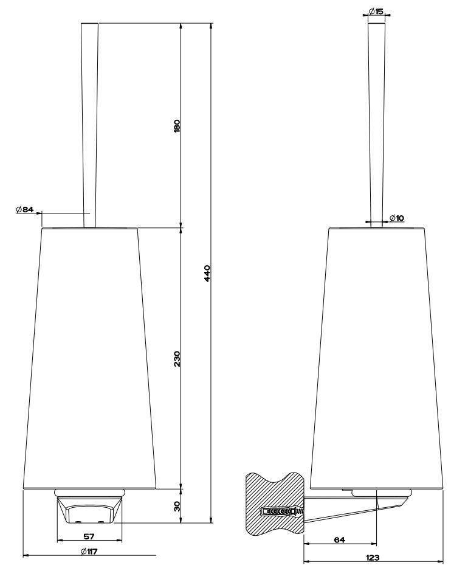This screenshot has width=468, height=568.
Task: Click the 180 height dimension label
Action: (177, 126)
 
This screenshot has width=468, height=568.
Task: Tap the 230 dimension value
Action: (177, 358)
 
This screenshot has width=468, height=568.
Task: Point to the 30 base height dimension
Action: (177, 506)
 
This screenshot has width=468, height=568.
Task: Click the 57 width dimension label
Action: (89, 536)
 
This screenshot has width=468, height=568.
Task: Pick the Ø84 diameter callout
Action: (25, 210)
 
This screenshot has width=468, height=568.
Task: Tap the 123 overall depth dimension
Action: (373, 557)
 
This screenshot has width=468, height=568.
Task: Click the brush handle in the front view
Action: (89, 122)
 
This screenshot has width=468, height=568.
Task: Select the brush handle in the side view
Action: (376, 122)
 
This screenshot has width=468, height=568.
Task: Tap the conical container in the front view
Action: (89, 359)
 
